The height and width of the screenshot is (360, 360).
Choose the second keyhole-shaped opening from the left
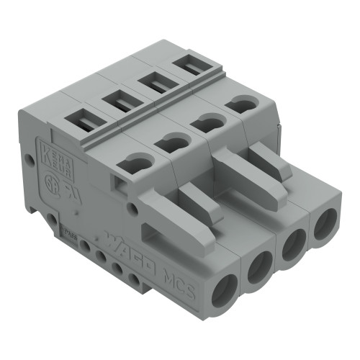[x=170, y=143]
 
